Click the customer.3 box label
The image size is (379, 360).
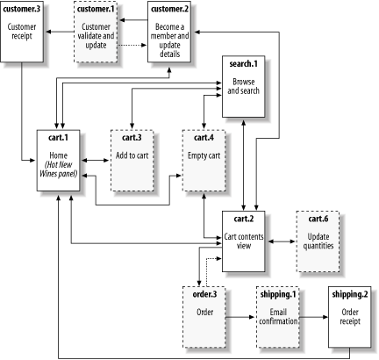click(24, 9)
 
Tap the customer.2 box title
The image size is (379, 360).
click(172, 9)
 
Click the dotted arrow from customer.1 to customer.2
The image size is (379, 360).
click(134, 44)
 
